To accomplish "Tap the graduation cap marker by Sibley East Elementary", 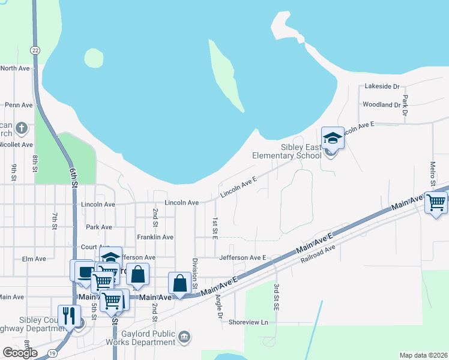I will [333, 139].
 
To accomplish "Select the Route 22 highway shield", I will [35, 50].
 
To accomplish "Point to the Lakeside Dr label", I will [382, 86].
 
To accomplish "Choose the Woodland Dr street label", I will [381, 104].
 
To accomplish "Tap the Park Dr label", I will [405, 106].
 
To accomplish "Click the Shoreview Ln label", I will [248, 322].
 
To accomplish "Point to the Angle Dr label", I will [218, 306].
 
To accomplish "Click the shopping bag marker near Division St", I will [180, 284].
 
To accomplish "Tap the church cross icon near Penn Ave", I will [22, 128].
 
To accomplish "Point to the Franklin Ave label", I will [155, 238].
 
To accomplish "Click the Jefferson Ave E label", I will [243, 257].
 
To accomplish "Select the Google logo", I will [20, 352].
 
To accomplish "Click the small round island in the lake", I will [94, 58].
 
